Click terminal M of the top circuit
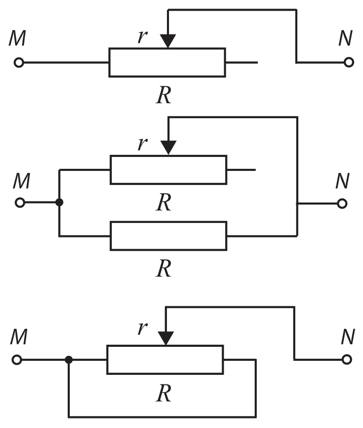[19, 63]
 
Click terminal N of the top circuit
[349, 62]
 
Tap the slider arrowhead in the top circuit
[167, 41]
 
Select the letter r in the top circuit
[142, 36]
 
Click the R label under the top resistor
[164, 95]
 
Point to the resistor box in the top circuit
[167, 63]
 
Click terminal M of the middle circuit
[20, 202]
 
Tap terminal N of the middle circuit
[342, 203]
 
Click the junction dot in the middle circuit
[59, 202]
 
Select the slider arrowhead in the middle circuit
[168, 148]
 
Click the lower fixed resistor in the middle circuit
[168, 236]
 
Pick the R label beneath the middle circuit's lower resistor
[164, 268]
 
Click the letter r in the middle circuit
[142, 143]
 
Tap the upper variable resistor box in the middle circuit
[168, 170]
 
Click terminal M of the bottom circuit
[17, 359]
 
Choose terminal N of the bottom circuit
[346, 359]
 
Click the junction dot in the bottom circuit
[69, 360]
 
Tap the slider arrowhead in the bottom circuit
[166, 338]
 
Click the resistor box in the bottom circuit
[165, 359]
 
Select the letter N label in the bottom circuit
[348, 337]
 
